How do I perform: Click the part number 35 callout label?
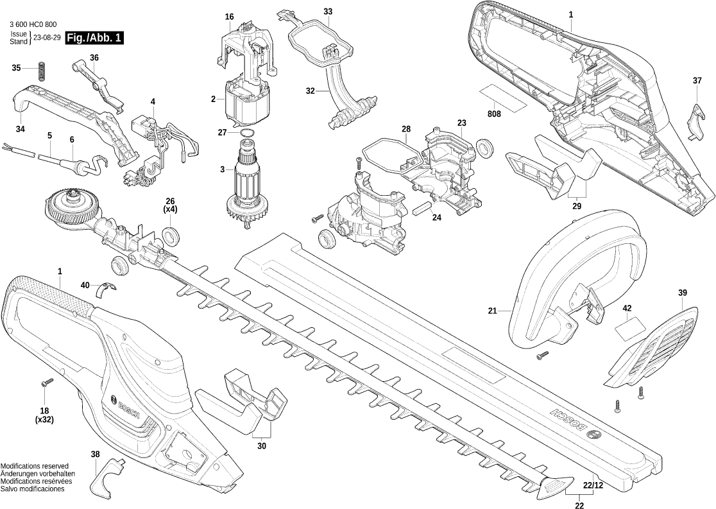pos(17,67)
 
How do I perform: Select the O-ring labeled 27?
pos(246,133)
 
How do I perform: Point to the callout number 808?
pos(494,114)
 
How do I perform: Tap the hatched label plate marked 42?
pos(628,328)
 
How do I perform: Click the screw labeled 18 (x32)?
pos(46,383)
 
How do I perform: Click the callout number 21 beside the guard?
pos(492,311)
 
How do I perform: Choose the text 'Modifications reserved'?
pos(35,466)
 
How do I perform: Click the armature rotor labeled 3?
pos(247,186)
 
